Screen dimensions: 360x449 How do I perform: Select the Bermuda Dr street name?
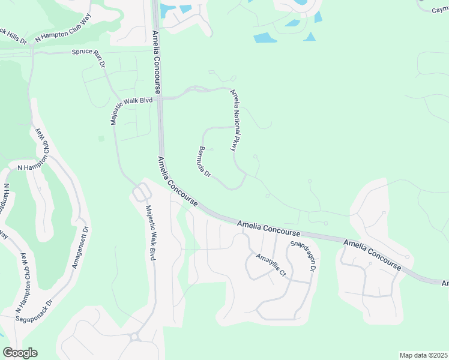[205, 161]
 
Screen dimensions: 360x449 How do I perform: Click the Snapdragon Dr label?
[303, 256]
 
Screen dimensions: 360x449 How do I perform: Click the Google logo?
[20, 353]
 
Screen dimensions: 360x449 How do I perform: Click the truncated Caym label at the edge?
[441, 10]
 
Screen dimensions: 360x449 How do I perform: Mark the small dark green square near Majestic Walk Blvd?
[101, 139]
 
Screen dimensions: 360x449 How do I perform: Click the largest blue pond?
[265, 38]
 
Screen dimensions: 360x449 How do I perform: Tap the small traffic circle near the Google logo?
[135, 337]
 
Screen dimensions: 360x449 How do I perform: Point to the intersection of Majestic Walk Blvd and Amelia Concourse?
[160, 98]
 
